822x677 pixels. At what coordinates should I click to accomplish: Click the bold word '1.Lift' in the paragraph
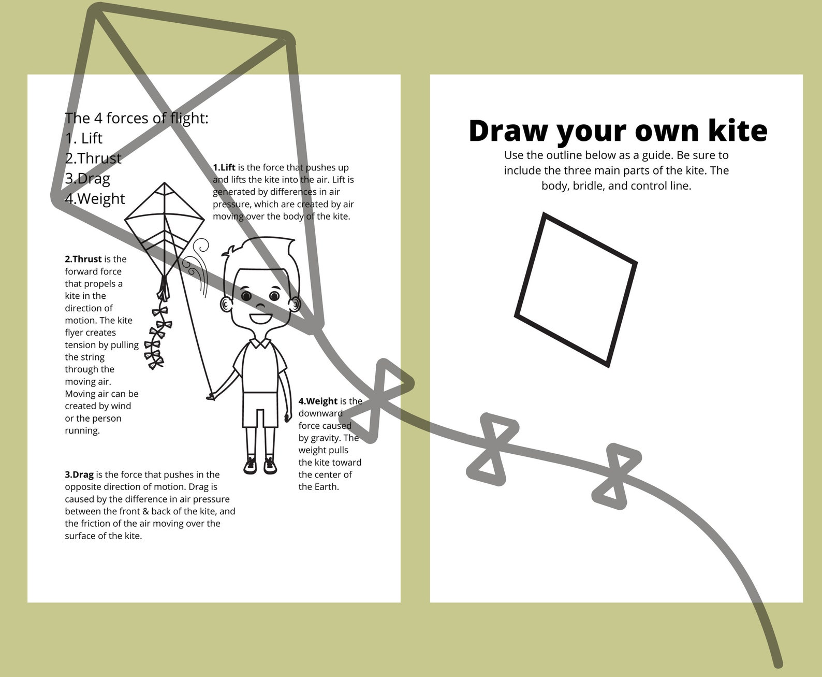224,167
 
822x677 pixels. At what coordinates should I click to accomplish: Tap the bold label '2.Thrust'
83,259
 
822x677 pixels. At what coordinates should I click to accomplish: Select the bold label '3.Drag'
79,474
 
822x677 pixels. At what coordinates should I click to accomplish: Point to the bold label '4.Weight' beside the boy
318,401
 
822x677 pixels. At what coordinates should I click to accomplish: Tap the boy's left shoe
251,465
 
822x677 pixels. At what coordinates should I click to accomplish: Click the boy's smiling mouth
260,317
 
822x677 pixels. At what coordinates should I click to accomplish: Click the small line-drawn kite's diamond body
164,228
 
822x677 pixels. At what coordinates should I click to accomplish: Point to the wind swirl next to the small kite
198,262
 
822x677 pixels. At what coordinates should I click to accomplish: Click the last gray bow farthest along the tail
615,476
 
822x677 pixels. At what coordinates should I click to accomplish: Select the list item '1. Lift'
84,138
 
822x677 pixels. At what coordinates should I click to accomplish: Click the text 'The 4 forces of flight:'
137,118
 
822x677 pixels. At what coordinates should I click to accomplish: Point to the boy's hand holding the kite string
211,397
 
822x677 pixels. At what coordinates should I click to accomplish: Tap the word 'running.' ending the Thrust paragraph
82,430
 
